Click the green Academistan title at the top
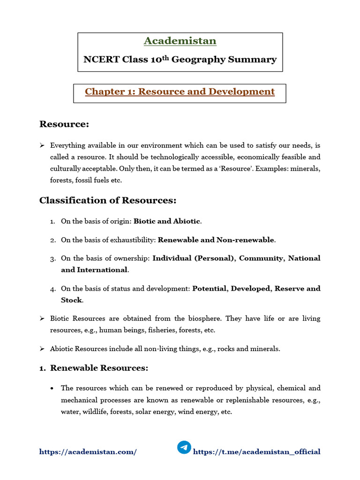click(x=180, y=41)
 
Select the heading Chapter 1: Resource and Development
click(x=180, y=92)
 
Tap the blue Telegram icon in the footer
click(x=184, y=448)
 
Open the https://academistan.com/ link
click(x=88, y=452)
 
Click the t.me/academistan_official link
click(x=257, y=452)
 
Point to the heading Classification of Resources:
click(x=108, y=201)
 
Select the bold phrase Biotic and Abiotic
click(x=166, y=221)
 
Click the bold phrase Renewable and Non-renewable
click(x=216, y=240)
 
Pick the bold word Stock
click(x=71, y=300)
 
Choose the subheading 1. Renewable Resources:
click(x=94, y=368)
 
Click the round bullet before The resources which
click(x=52, y=389)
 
